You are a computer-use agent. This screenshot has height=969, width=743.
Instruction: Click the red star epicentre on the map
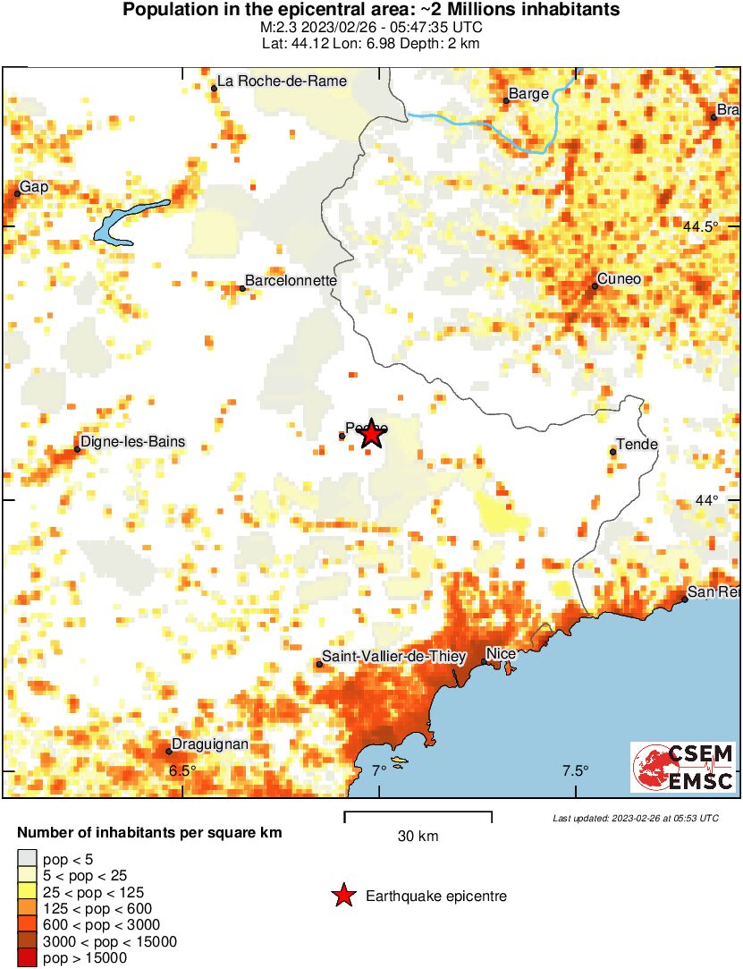pyautogui.click(x=371, y=435)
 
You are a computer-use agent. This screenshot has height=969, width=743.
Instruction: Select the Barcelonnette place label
pyautogui.click(x=291, y=281)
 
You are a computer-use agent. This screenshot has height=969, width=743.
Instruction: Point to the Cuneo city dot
pyautogui.click(x=595, y=286)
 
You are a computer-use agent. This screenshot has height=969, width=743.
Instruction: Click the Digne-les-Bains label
pyautogui.click(x=132, y=441)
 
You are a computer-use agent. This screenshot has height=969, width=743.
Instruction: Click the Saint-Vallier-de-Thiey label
pyautogui.click(x=393, y=657)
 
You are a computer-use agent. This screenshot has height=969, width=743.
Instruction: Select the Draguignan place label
pyautogui.click(x=211, y=744)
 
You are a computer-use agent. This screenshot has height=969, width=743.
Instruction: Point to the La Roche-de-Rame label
pyautogui.click(x=282, y=81)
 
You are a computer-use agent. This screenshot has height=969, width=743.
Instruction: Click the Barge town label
pyautogui.click(x=528, y=94)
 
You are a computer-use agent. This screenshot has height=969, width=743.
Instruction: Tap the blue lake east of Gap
pyautogui.click(x=130, y=223)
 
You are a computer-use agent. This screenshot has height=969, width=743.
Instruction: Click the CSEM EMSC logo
pyautogui.click(x=683, y=768)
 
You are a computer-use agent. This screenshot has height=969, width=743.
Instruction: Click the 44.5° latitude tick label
pyautogui.click(x=701, y=226)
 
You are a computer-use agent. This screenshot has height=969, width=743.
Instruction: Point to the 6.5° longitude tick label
pyautogui.click(x=182, y=771)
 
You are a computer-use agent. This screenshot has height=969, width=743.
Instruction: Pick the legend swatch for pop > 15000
pyautogui.click(x=28, y=958)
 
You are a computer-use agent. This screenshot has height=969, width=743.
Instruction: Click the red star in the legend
pyautogui.click(x=342, y=896)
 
